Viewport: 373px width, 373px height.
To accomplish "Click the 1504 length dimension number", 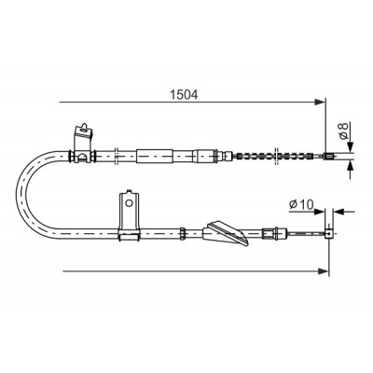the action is pyautogui.click(x=184, y=94).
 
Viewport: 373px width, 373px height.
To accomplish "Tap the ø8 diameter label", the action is pyautogui.click(x=343, y=131).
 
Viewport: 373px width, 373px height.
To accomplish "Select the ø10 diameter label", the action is pyautogui.click(x=301, y=204).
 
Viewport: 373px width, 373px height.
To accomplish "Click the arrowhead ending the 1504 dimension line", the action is pyautogui.click(x=320, y=102).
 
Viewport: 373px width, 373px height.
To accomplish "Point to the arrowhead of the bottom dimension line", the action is pyautogui.click(x=324, y=271).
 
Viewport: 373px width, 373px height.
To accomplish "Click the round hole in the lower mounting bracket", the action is pyautogui.click(x=129, y=203).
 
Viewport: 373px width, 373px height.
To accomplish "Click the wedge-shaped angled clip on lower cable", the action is pyautogui.click(x=227, y=233).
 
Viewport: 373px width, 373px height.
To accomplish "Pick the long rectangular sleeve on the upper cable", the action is pyautogui.click(x=155, y=157).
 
